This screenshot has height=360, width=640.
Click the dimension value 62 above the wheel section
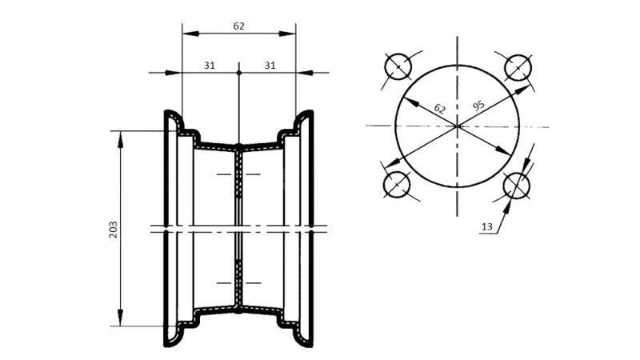click(238, 26)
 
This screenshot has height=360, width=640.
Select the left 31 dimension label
click(210, 66)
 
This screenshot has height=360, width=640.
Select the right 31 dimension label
click(270, 66)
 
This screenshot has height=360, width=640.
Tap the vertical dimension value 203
click(113, 230)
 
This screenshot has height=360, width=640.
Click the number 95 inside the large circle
click(479, 105)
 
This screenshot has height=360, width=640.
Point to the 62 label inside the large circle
click(439, 108)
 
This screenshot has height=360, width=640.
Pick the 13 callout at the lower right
click(486, 227)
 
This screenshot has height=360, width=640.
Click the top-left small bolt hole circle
click(398, 66)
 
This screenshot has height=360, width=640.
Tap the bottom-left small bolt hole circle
click(398, 186)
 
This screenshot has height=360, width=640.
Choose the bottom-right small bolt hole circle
click(516, 186)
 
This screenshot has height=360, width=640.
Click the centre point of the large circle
click(457, 126)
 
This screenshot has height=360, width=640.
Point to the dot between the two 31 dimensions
click(239, 73)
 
